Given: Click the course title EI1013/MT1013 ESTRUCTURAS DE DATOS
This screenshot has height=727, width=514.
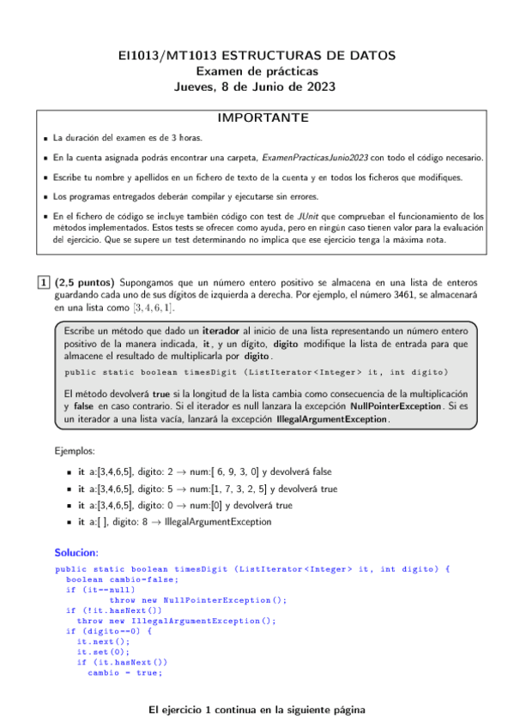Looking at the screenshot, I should point(257,55).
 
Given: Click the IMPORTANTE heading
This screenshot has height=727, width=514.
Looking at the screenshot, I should point(257,118).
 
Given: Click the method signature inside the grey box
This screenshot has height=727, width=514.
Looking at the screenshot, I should point(257,371).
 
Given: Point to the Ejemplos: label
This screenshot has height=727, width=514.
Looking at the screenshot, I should point(74,450).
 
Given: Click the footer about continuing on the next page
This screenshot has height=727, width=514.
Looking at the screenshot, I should point(257,710).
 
